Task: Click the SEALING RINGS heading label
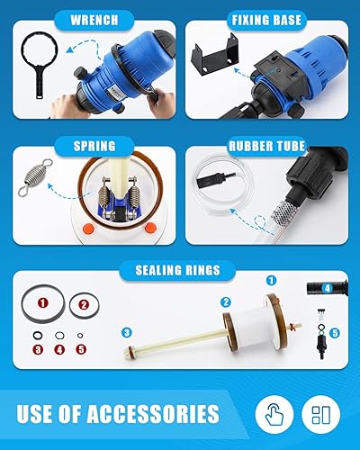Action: pyautogui.click(x=180, y=269)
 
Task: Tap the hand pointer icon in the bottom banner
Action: pyautogui.click(x=274, y=415)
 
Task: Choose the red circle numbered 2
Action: pyautogui.click(x=83, y=305)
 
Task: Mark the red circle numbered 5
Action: pyautogui.click(x=81, y=348)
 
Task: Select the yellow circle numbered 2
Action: pyautogui.click(x=227, y=302)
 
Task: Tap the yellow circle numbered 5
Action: pyautogui.click(x=335, y=332)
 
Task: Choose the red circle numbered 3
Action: pyautogui.click(x=38, y=348)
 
